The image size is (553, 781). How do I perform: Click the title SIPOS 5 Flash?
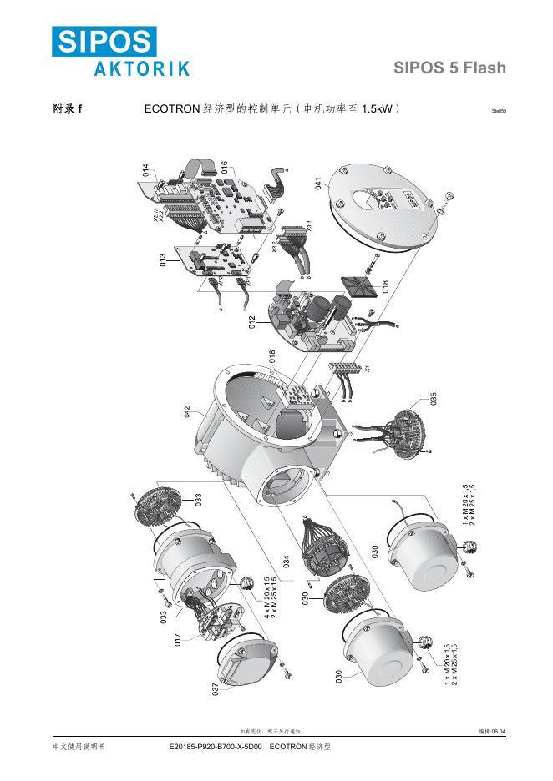point(449,68)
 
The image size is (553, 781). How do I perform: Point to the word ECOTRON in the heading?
point(172,109)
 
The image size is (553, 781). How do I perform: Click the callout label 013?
point(163,259)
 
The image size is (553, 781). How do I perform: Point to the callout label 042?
point(188,411)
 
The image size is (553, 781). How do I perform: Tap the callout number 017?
point(177,640)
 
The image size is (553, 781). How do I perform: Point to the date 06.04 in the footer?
point(499,732)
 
